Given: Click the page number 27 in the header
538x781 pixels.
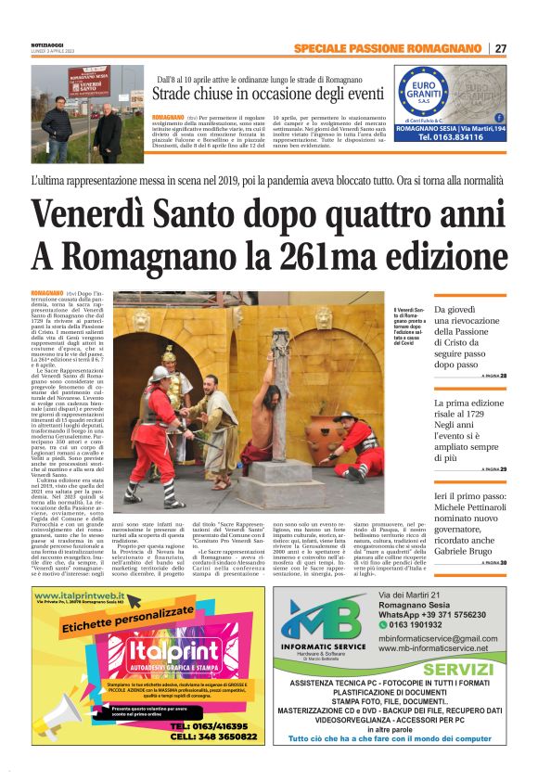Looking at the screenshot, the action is coord(501,48).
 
